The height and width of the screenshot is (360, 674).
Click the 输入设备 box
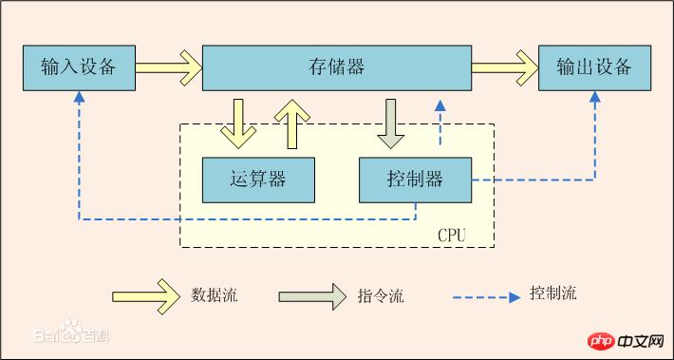(78, 66)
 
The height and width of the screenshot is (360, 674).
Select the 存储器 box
(337, 66)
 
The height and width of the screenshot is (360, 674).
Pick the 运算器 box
(258, 179)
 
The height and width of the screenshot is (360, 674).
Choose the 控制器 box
(415, 179)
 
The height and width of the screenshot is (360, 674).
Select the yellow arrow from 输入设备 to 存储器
(168, 67)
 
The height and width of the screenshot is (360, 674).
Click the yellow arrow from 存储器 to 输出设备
(505, 67)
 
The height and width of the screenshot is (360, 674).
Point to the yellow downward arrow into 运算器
(236, 123)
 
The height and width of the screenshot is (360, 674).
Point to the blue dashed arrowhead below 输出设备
(596, 97)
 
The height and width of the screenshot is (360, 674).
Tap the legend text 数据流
(214, 294)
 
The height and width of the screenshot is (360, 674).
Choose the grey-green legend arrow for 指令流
(312, 294)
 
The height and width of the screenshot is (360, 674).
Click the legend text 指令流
(381, 295)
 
